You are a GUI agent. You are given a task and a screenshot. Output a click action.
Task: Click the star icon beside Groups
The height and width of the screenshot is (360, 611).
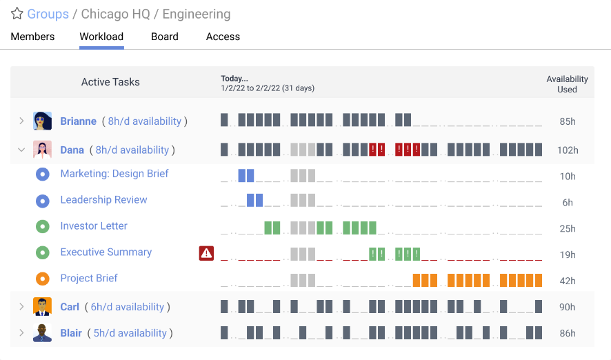point(17,14)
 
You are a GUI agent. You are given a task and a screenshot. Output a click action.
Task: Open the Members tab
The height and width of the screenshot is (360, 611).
point(32,37)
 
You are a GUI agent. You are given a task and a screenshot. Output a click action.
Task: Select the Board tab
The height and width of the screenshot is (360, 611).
point(165,37)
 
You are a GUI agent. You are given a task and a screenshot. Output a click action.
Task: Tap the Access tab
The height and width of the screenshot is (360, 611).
point(223,37)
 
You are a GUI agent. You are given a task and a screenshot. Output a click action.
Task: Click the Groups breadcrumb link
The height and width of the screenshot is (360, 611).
point(48,14)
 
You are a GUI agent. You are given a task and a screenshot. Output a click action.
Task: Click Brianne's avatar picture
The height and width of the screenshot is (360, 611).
point(43,121)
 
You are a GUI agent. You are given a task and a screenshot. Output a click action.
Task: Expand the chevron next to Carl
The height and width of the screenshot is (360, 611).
point(21,307)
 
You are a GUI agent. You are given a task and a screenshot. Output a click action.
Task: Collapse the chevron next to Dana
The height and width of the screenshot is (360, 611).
point(21,150)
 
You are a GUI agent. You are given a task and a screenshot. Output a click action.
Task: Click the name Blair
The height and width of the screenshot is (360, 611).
point(71,333)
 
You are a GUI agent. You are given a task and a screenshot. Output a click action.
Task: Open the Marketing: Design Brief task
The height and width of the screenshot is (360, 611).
point(114,174)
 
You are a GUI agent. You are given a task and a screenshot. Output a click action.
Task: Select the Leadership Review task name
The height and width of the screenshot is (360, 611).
point(103,200)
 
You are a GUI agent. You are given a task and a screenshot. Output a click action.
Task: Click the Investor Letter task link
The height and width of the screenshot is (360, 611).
point(94,226)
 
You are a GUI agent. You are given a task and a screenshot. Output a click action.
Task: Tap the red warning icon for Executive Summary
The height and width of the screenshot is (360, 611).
point(206,253)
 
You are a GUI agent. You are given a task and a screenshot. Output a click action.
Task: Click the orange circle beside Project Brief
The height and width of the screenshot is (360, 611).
point(43,279)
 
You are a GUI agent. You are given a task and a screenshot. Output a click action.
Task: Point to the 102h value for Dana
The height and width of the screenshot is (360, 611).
point(568,150)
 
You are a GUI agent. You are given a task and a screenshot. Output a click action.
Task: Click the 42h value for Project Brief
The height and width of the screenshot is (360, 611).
point(568,281)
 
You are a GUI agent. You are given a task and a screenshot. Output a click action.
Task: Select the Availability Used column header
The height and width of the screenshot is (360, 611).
point(567,84)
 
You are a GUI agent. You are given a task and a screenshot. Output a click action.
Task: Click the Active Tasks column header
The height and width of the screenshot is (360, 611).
point(110,82)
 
